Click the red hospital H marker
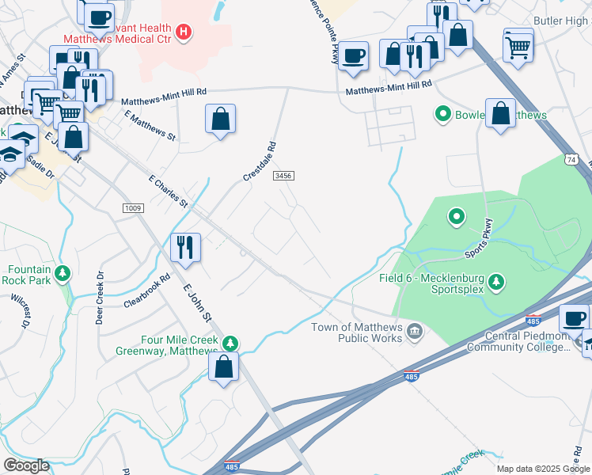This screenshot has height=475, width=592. coord(184,32)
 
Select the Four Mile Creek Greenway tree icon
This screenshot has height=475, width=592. coord(230,344)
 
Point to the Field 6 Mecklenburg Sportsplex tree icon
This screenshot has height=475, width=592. coord(495,281)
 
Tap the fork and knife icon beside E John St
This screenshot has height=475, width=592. coord(186,246)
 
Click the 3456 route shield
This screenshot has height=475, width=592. coord(283,175)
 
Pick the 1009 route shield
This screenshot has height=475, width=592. coord(133,207)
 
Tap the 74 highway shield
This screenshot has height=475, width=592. coord(571,159)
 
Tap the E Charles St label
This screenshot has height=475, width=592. coord(168,191)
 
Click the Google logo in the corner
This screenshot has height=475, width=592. coord(26,465)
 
